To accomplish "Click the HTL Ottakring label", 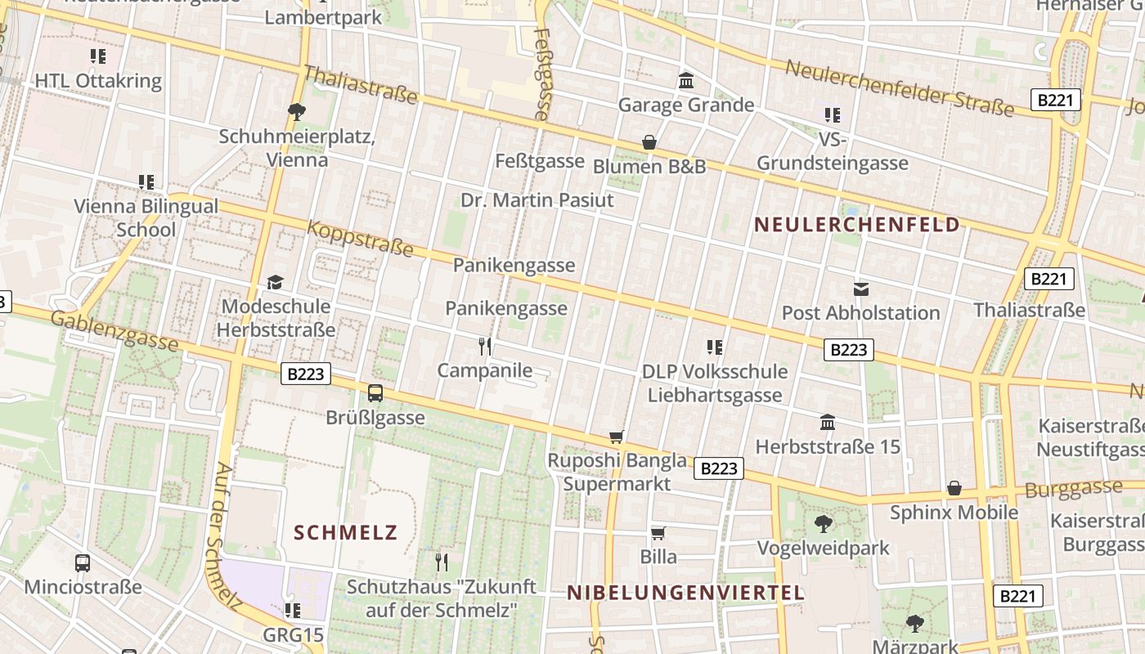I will point(98,82).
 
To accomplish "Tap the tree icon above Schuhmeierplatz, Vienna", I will point(297,111).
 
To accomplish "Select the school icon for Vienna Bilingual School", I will point(146,181).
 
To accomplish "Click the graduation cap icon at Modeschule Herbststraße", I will point(276,282).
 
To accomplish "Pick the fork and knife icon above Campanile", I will point(485,347).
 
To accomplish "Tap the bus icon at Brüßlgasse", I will point(375,393).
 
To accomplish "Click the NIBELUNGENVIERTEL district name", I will point(685,594).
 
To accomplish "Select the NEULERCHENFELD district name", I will point(856,225).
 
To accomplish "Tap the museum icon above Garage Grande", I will point(686,81).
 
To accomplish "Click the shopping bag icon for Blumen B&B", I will point(649,142).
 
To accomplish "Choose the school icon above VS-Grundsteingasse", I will point(833,115).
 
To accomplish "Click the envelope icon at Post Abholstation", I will point(861,289).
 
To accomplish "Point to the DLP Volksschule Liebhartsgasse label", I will point(715,383).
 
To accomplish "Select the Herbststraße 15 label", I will point(828,447).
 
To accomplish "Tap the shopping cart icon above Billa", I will point(658,533).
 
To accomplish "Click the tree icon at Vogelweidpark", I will point(824,523).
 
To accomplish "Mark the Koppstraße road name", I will point(360,238).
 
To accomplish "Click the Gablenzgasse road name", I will point(114,330).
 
